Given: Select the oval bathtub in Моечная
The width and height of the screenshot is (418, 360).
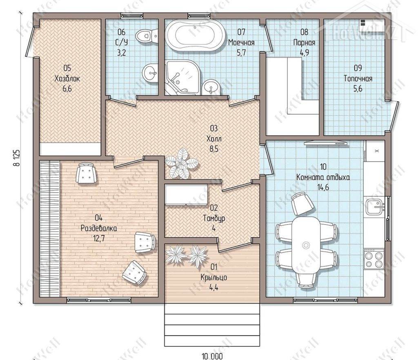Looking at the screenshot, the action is (x=195, y=35).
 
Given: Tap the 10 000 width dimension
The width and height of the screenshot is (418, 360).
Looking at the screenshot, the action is (x=212, y=356).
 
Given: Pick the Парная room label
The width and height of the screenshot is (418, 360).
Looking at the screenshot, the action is (x=304, y=42).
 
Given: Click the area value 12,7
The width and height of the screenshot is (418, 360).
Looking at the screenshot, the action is (x=99, y=238).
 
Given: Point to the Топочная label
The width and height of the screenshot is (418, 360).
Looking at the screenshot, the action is (x=358, y=79).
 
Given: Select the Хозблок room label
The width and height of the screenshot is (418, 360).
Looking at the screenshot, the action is (x=67, y=79).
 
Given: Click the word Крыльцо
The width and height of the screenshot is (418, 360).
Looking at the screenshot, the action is (x=214, y=278).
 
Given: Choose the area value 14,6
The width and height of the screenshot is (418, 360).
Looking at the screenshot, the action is (x=323, y=187).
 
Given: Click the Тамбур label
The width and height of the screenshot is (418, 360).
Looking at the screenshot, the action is (x=214, y=218).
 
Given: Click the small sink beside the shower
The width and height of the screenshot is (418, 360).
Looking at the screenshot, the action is (x=210, y=87).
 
